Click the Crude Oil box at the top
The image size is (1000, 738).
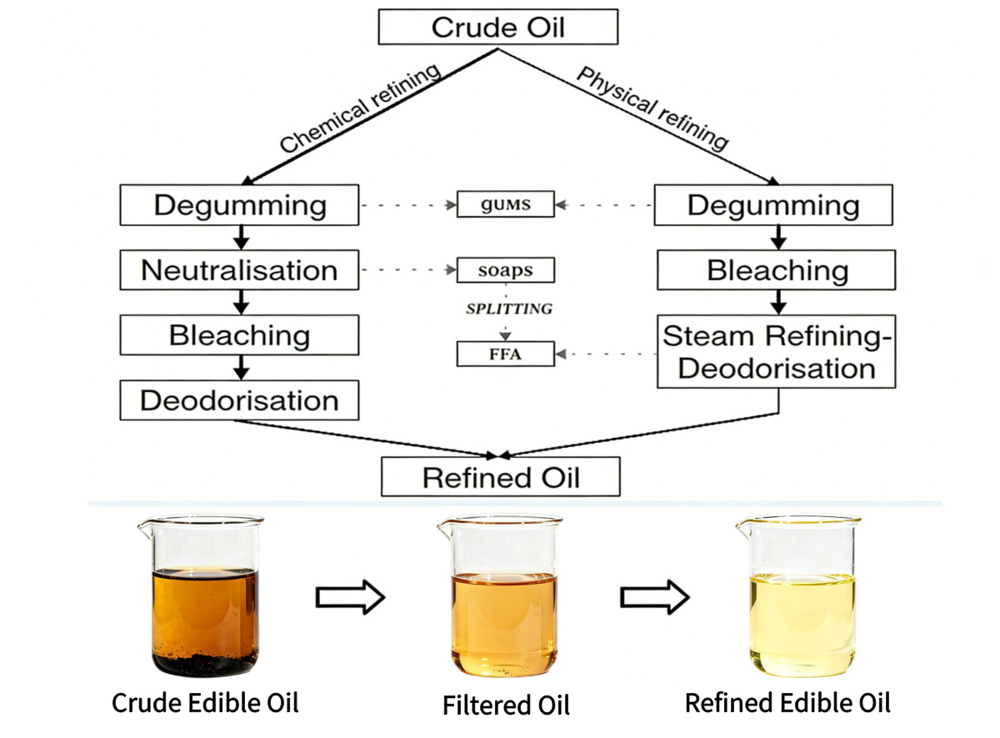(497, 27)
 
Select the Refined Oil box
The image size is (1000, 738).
(501, 478)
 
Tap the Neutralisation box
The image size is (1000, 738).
(239, 270)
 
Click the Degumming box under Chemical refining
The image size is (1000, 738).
(239, 205)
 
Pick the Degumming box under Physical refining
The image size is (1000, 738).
(773, 205)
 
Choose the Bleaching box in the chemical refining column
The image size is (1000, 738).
(239, 335)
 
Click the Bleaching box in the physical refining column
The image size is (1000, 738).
(776, 270)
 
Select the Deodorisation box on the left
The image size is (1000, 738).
(239, 400)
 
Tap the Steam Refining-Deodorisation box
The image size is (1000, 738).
(776, 351)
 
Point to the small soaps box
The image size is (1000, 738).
(506, 270)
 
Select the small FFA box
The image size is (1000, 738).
(506, 354)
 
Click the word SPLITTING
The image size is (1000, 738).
(508, 309)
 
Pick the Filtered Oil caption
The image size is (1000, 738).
(506, 705)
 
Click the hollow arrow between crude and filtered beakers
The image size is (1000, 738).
(349, 597)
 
